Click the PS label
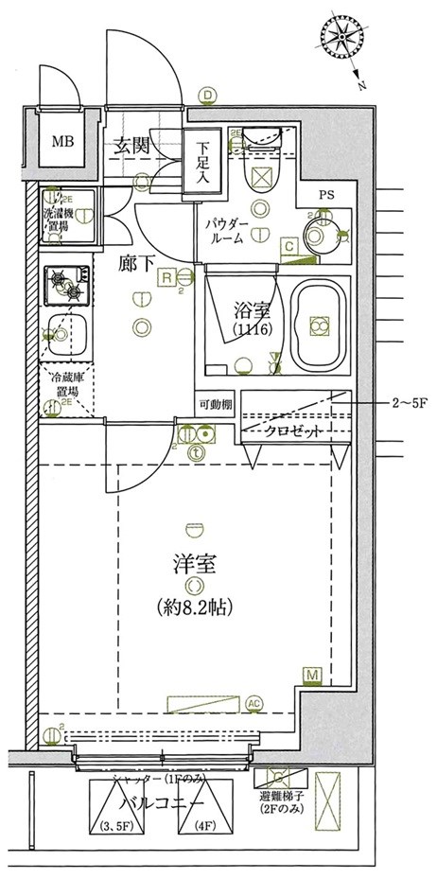pyautogui.click(x=326, y=196)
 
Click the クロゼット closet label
pyautogui.click(x=293, y=431)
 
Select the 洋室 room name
pyautogui.click(x=195, y=567)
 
